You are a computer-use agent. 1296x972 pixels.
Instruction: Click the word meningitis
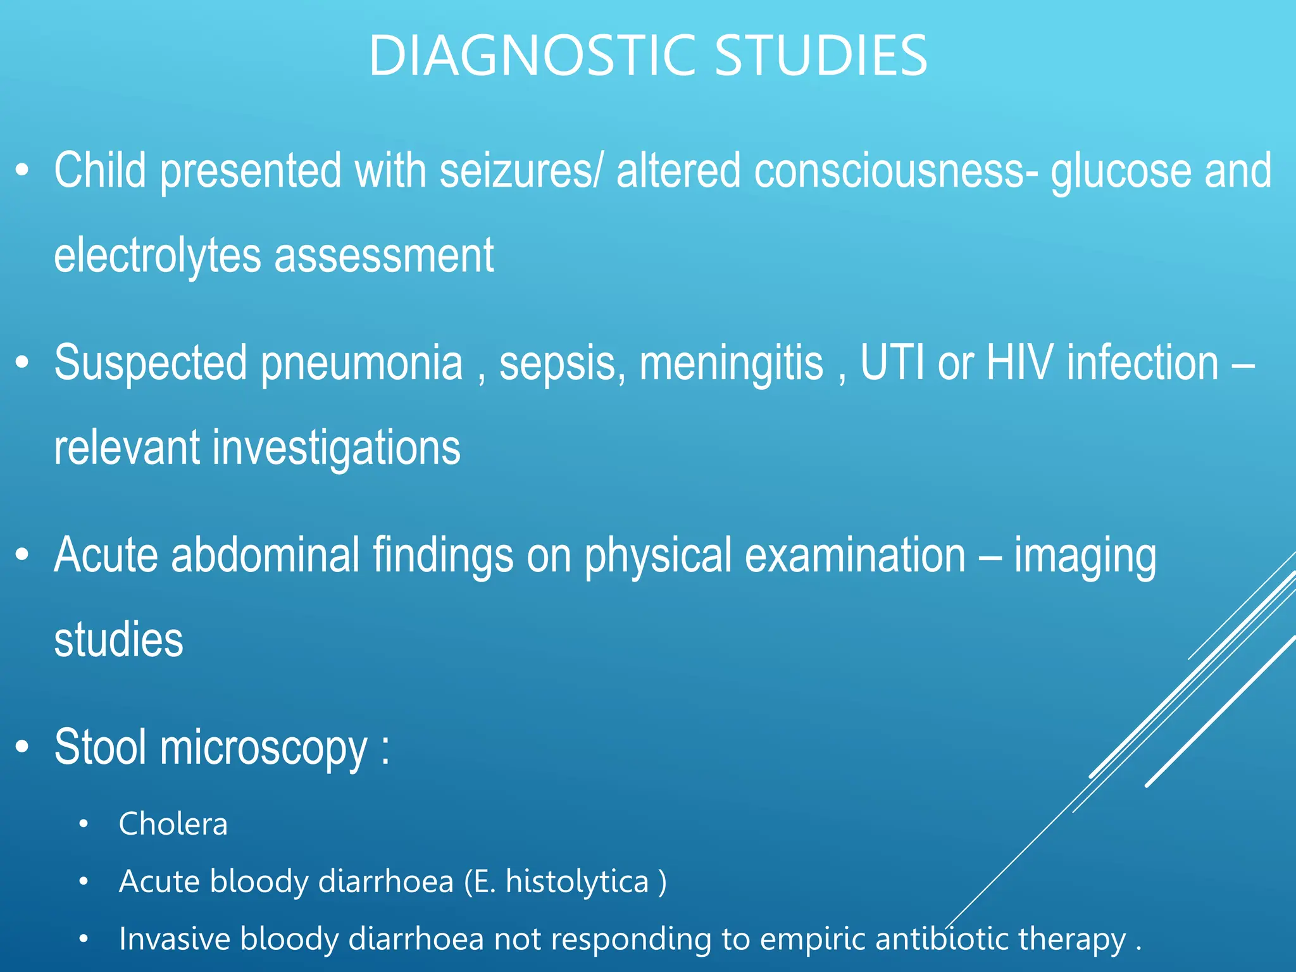(x=732, y=363)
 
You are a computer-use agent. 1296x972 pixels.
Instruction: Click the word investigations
(x=336, y=449)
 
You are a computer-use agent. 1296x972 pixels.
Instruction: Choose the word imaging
(x=1085, y=556)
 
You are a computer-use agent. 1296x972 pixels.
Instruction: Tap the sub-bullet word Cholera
(x=173, y=824)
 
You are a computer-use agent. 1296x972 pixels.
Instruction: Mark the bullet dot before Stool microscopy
(x=23, y=747)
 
